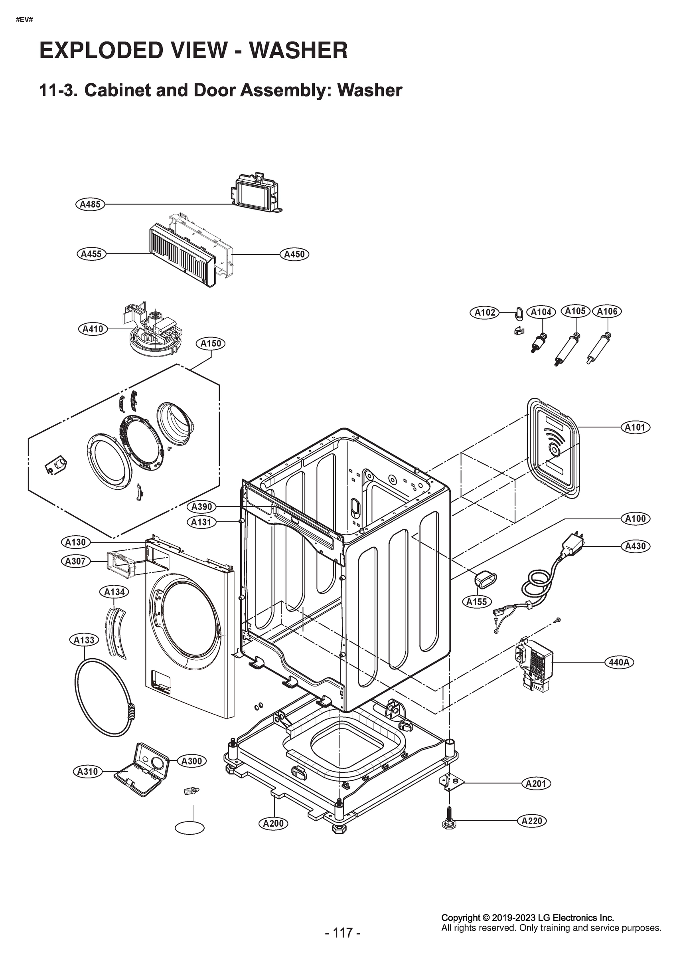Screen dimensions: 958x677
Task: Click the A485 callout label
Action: (x=90, y=204)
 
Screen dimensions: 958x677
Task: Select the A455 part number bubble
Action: (x=91, y=254)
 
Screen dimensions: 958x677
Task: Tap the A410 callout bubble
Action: (x=93, y=329)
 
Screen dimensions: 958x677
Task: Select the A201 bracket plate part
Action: (x=451, y=781)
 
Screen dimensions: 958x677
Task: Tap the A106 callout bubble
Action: (x=607, y=311)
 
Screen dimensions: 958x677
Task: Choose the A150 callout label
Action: (x=211, y=343)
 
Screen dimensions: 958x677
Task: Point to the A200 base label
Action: (x=273, y=823)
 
